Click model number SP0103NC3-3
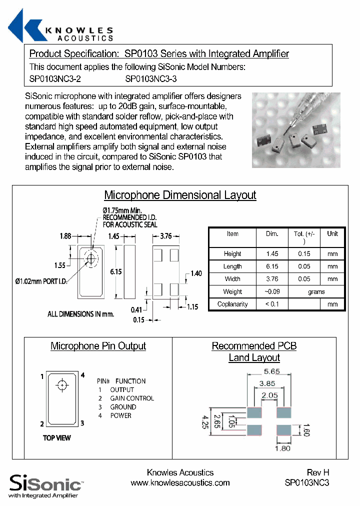(x=151, y=79)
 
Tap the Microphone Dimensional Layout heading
(x=180, y=195)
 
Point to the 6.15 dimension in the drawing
(x=116, y=271)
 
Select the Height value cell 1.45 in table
(x=272, y=254)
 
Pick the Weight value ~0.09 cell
(x=272, y=291)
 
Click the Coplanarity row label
(x=232, y=304)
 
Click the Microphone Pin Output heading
(x=98, y=346)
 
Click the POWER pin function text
(x=120, y=415)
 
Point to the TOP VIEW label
(x=57, y=438)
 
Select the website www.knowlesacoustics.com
(x=180, y=482)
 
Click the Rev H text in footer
(x=318, y=472)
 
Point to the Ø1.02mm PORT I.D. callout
(x=42, y=281)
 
